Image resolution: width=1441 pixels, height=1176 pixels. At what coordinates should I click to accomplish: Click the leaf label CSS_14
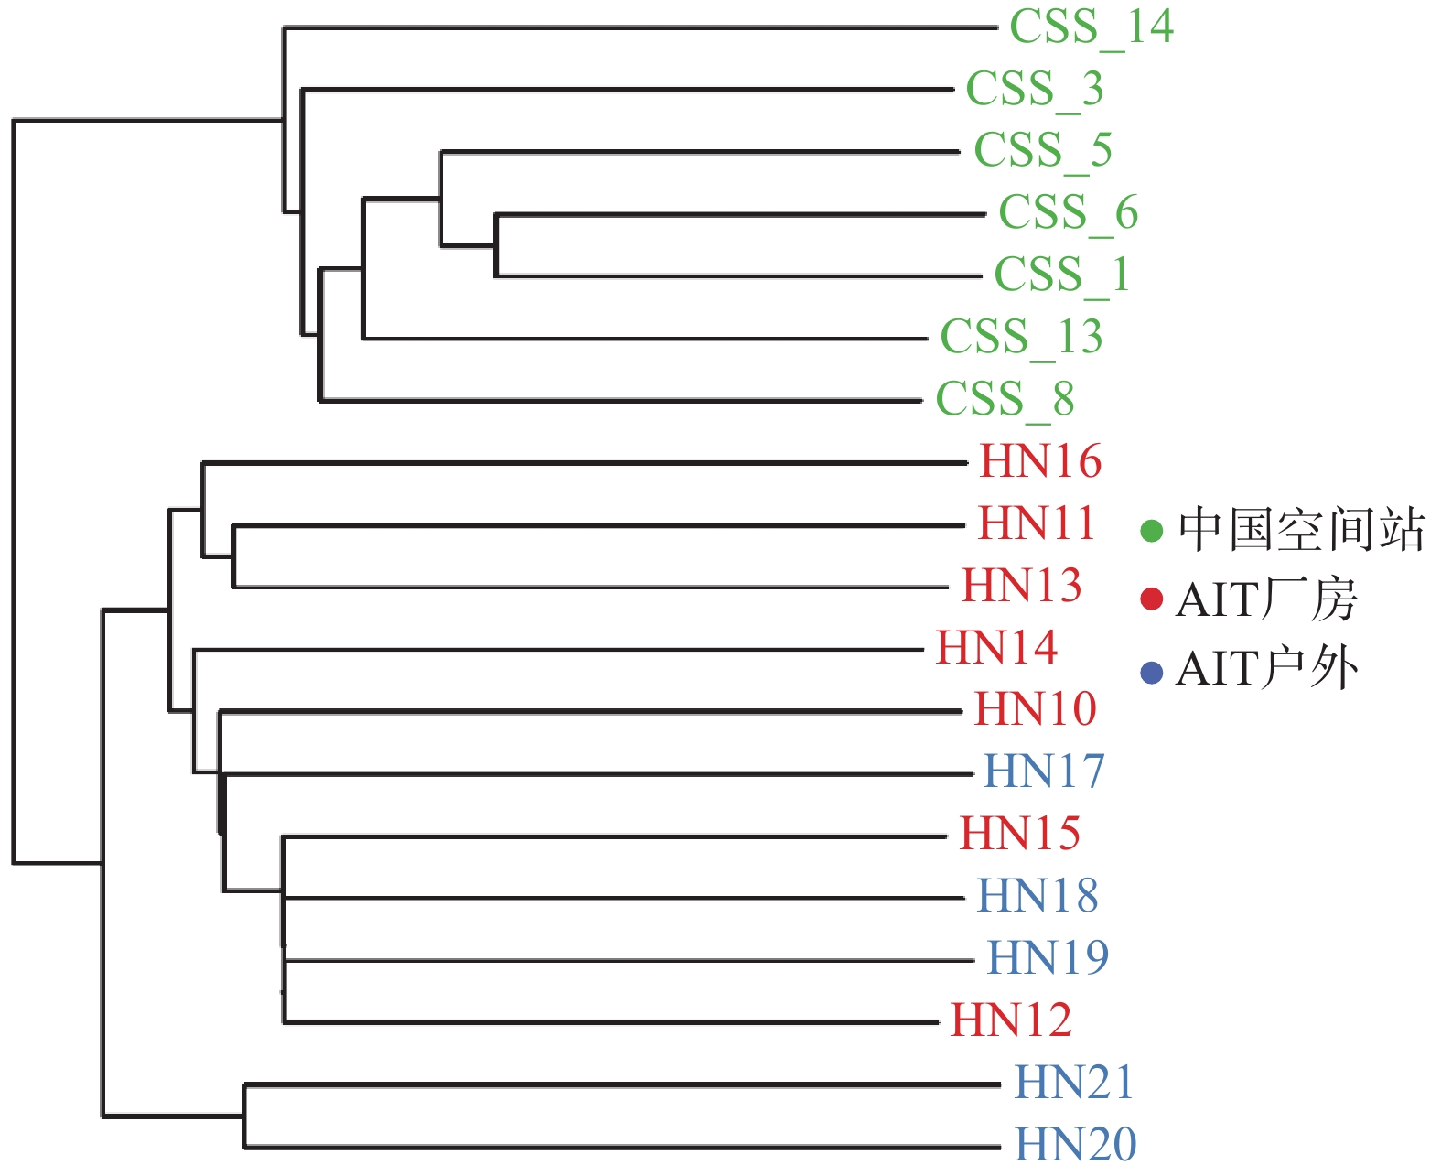[1092, 28]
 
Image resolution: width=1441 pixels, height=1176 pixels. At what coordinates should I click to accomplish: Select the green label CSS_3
[1035, 90]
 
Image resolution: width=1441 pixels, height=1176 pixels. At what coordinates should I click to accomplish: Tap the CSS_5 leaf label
[1043, 151]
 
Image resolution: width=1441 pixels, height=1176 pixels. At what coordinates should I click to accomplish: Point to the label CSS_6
[1068, 213]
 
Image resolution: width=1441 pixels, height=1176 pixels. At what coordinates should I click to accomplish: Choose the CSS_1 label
[1061, 275]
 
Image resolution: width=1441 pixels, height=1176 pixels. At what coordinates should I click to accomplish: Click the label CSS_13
[1021, 338]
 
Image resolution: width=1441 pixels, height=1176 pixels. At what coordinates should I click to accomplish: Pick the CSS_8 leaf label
[1005, 400]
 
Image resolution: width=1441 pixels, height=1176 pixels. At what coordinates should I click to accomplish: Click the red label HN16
[1040, 461]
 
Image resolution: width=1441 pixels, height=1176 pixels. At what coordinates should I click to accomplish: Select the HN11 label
[1036, 523]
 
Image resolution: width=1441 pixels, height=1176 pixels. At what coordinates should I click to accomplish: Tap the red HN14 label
[997, 648]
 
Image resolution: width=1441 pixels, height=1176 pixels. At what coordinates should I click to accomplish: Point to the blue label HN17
[1043, 772]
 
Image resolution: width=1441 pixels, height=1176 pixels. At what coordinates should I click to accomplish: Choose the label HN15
[1020, 835]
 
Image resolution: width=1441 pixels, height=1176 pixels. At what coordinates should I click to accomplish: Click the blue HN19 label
[1048, 958]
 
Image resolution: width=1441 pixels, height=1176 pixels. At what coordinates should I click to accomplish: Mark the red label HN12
[1011, 1021]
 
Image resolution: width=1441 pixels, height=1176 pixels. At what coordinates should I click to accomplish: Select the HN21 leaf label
[1073, 1083]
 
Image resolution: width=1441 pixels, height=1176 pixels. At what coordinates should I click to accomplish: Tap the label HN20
[1075, 1145]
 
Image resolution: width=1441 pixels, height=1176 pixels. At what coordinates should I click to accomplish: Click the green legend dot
[1151, 531]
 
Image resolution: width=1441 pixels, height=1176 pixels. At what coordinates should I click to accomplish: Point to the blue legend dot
[1151, 673]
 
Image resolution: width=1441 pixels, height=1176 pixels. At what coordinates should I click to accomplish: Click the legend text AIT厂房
[1267, 599]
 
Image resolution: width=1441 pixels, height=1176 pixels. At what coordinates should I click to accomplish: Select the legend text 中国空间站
[1302, 530]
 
